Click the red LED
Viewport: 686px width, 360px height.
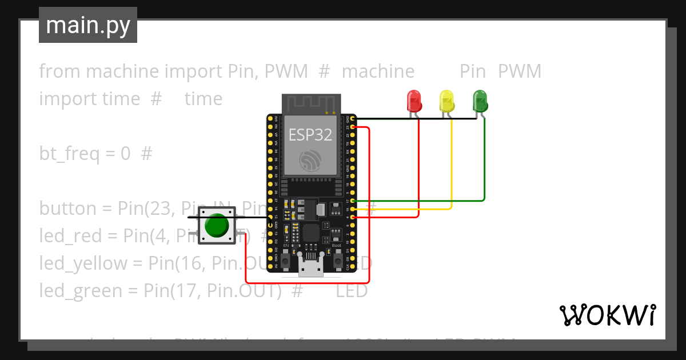click(413, 101)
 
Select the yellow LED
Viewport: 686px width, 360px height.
click(446, 101)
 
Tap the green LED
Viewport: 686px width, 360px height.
click(480, 101)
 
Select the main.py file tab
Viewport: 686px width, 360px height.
click(88, 25)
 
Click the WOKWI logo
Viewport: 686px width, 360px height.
click(607, 315)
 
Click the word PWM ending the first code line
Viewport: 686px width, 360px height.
click(519, 71)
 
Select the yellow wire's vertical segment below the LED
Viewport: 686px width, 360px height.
click(452, 166)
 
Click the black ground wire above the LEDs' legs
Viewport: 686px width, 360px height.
click(412, 119)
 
